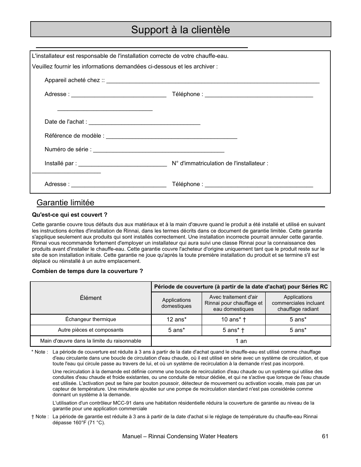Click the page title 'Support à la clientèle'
(x=180, y=29)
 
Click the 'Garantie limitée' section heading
(x=65, y=203)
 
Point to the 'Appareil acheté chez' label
(x=74, y=80)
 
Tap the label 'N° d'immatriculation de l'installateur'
(x=220, y=163)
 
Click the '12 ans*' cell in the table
(x=176, y=320)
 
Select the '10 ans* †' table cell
(x=233, y=320)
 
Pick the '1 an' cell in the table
(x=241, y=341)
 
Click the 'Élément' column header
(x=91, y=298)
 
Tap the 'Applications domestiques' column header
(x=176, y=303)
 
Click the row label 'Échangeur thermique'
(x=91, y=320)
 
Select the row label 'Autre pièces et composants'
(x=91, y=330)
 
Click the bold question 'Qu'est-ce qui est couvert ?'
(x=70, y=215)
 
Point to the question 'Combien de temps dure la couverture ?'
(x=87, y=271)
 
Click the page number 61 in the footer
(x=325, y=436)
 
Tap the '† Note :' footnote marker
(x=39, y=417)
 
